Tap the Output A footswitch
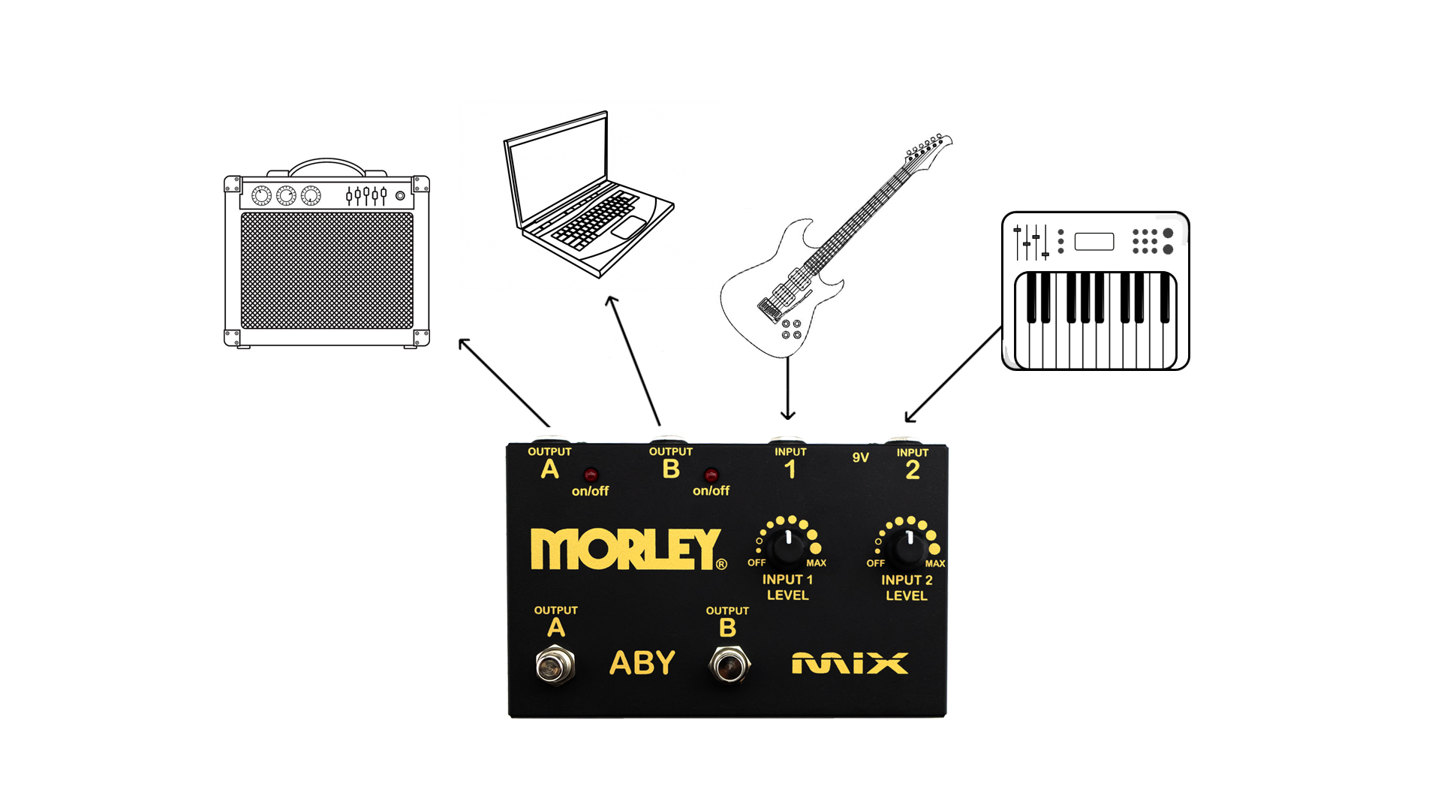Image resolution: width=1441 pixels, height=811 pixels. tap(555, 665)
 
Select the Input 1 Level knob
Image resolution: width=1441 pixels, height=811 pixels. tap(788, 547)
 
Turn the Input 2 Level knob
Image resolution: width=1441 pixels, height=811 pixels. tap(910, 548)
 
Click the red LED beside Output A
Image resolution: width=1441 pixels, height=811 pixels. tap(591, 475)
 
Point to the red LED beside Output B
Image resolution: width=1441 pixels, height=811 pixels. tap(711, 475)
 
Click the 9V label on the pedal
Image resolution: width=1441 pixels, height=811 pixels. tap(860, 457)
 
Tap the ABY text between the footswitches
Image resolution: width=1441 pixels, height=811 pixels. tap(642, 663)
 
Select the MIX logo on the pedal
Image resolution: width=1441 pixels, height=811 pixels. tap(850, 664)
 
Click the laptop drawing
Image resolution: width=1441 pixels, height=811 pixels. tap(588, 195)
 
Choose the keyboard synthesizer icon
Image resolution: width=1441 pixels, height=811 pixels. tap(1096, 291)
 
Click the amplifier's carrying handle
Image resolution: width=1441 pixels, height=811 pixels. tap(326, 167)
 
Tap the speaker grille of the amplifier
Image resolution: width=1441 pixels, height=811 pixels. tap(326, 270)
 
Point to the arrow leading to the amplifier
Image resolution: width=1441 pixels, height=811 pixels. tap(504, 383)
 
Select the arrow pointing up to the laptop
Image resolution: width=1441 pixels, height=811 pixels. tap(633, 360)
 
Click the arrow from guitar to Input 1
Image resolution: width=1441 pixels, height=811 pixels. tap(787, 388)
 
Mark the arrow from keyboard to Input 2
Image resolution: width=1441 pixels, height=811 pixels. tap(953, 375)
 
